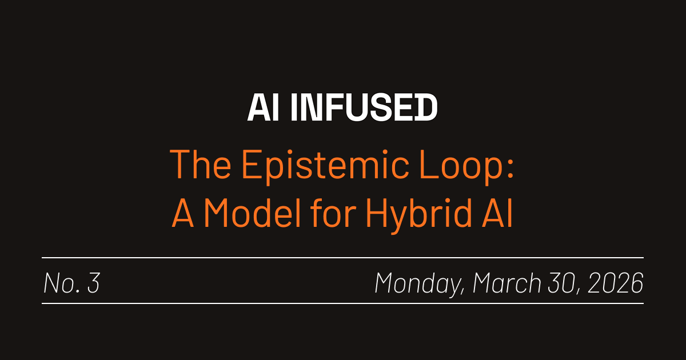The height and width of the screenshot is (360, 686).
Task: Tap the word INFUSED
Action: click(364, 108)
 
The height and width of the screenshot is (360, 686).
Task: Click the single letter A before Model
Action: click(184, 214)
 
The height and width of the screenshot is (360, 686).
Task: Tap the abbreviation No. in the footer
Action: click(61, 283)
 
